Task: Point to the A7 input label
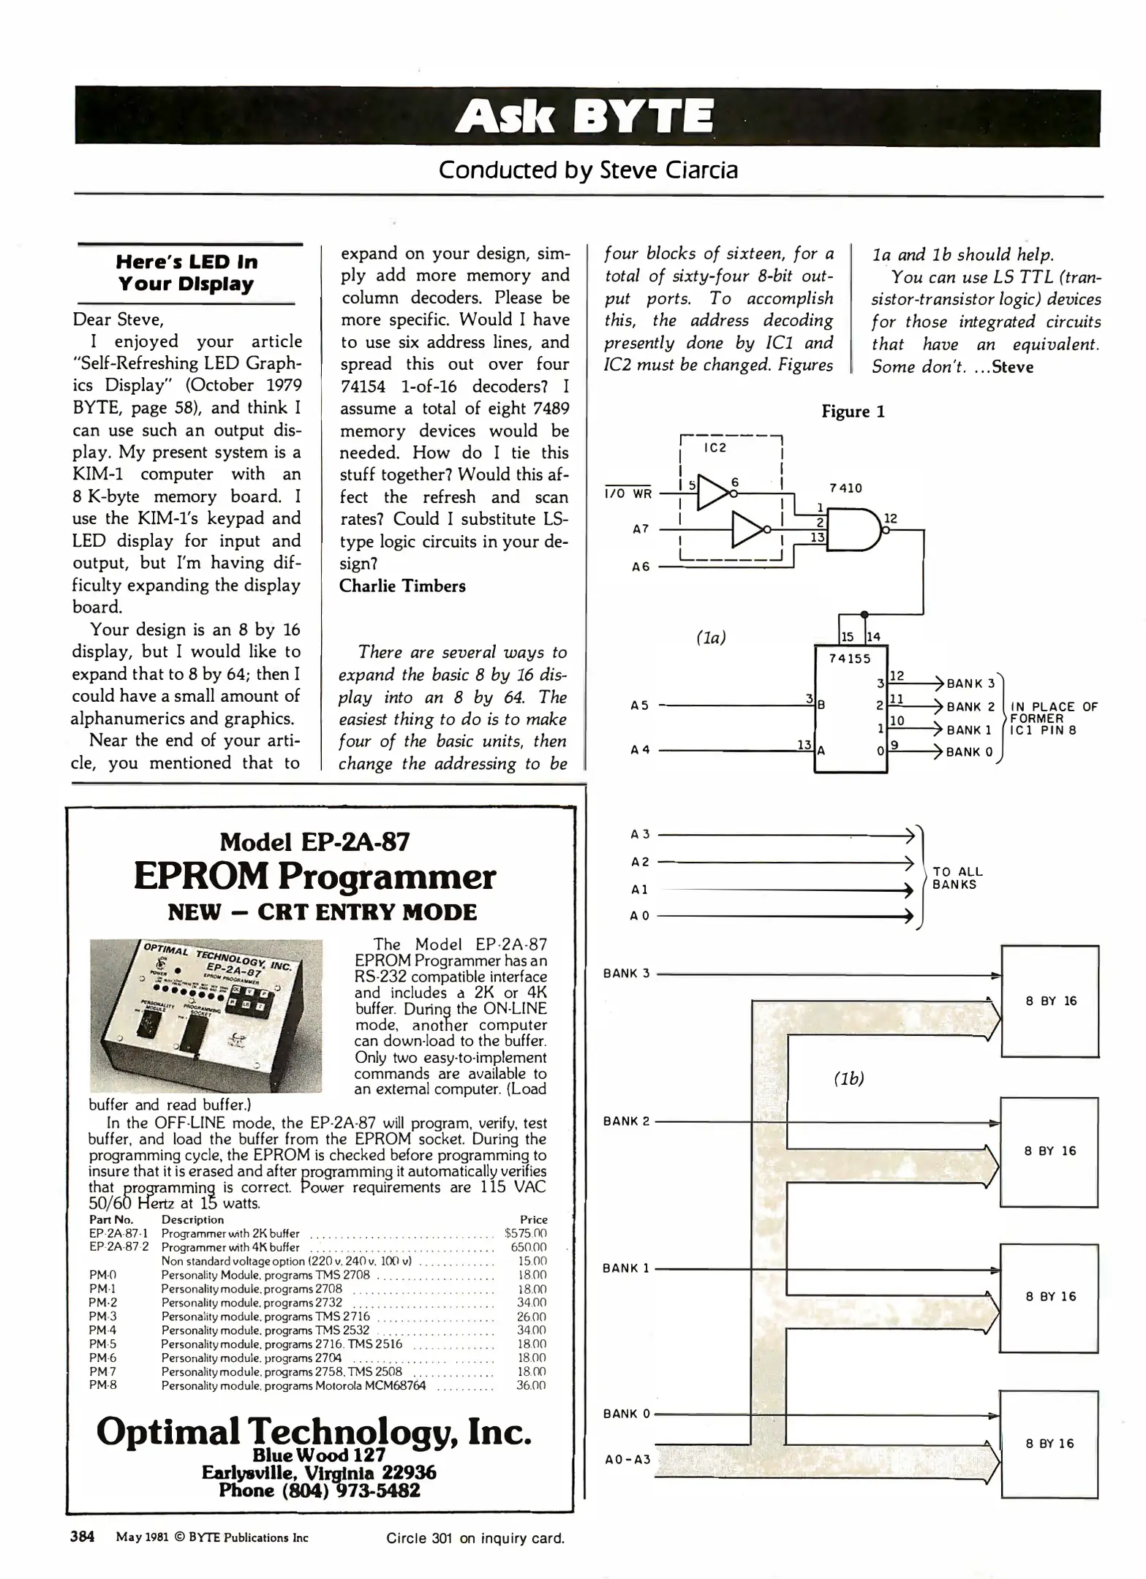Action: pyautogui.click(x=641, y=529)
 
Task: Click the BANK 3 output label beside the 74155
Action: pyautogui.click(x=970, y=684)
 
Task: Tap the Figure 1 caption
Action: pyautogui.click(x=853, y=412)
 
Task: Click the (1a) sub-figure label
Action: pyautogui.click(x=711, y=637)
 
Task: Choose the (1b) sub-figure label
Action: pyautogui.click(x=848, y=1078)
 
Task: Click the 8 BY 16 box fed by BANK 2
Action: pyautogui.click(x=1049, y=1151)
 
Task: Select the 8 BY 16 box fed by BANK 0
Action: pyautogui.click(x=1049, y=1444)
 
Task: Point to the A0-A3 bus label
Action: pyautogui.click(x=627, y=1460)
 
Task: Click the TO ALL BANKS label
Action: pyautogui.click(x=957, y=878)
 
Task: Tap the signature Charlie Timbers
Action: pyautogui.click(x=402, y=586)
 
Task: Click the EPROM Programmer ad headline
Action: pyautogui.click(x=314, y=876)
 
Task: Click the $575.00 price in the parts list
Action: pyautogui.click(x=526, y=1233)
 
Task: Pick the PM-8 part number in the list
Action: pyautogui.click(x=102, y=1385)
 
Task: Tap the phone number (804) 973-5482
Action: pyautogui.click(x=319, y=1490)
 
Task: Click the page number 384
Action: pyautogui.click(x=82, y=1537)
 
